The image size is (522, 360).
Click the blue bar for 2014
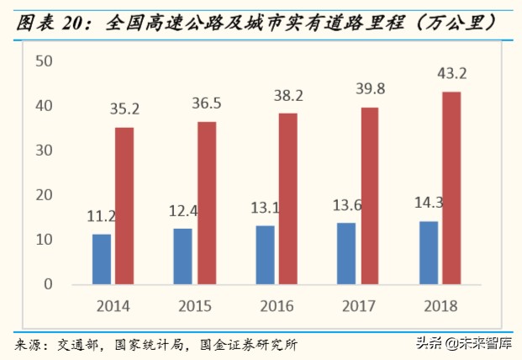coord(102,259)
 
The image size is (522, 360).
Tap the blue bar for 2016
coord(266,255)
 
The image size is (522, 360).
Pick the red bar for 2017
coord(370,196)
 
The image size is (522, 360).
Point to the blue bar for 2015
coord(183,257)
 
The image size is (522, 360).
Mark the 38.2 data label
coord(289,95)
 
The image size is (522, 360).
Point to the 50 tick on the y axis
coord(45,61)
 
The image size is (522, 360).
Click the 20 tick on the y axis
coord(45,195)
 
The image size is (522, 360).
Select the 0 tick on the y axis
coord(49,284)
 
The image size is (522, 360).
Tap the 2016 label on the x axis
coord(277,305)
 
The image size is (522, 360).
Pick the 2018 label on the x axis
coord(441,305)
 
